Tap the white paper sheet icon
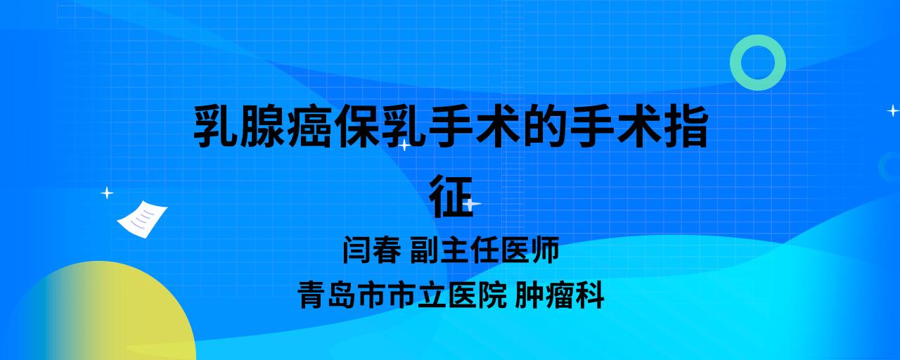coord(142,219)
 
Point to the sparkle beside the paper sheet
coord(107,193)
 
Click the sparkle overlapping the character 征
coord(471,204)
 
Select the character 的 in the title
coord(545,126)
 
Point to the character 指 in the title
coord(686,126)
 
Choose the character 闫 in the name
coord(356,250)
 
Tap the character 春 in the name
coord(387,250)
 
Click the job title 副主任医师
coord(484,250)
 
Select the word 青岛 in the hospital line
coord(326,295)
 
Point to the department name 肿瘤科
coord(559,295)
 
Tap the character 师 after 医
coord(545,250)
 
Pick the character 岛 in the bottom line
coord(342,295)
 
